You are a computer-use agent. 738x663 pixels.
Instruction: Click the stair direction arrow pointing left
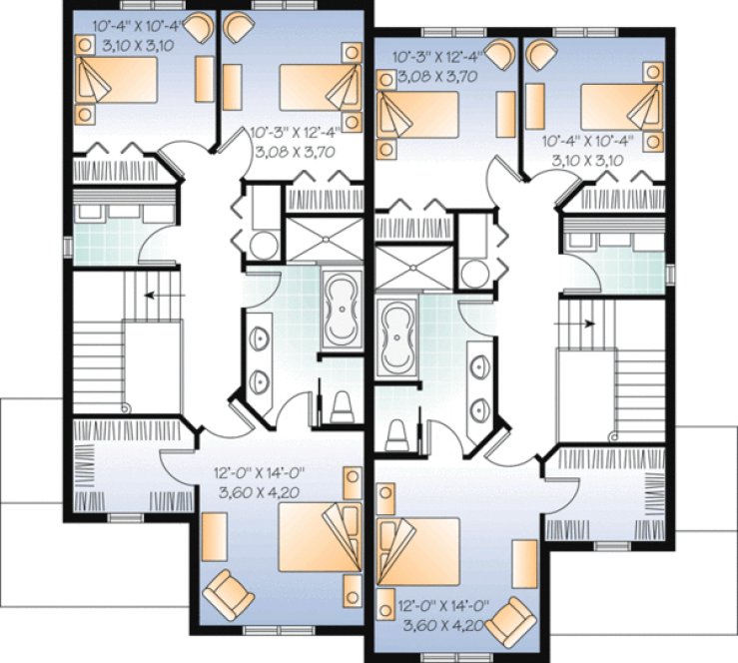[x=150, y=296]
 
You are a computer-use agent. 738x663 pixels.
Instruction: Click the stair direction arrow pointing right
[x=588, y=324]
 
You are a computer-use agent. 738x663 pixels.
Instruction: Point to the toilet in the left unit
[x=341, y=403]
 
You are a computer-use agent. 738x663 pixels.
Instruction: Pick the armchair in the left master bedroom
[x=228, y=590]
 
